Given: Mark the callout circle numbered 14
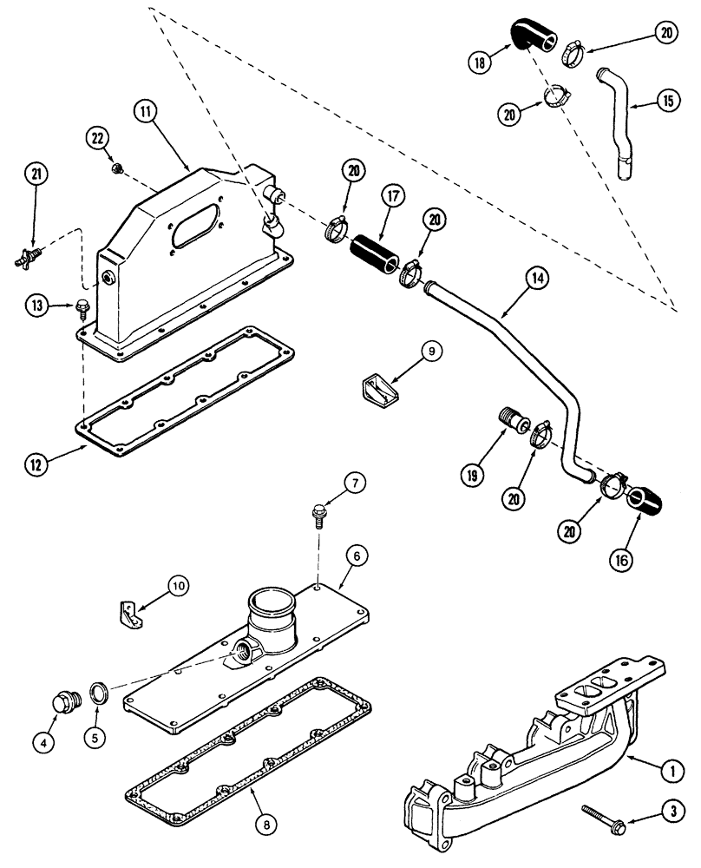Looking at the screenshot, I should pos(537,279).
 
